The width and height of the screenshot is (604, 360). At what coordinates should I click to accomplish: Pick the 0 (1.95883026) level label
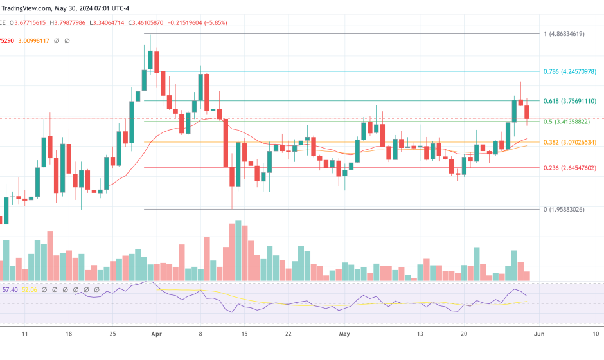pos(564,210)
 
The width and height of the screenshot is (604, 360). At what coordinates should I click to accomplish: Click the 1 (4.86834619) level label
pos(564,34)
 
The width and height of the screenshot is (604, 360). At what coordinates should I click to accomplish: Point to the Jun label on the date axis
pos(539,334)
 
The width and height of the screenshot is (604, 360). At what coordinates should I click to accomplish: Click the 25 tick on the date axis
pos(112,334)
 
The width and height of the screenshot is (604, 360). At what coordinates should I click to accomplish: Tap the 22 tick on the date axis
pos(289,334)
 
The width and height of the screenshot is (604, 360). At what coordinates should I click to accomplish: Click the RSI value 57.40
pos(10,290)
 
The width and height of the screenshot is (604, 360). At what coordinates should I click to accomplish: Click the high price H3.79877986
pos(68,22)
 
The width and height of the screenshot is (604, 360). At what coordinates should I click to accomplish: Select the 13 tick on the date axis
pos(420,334)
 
